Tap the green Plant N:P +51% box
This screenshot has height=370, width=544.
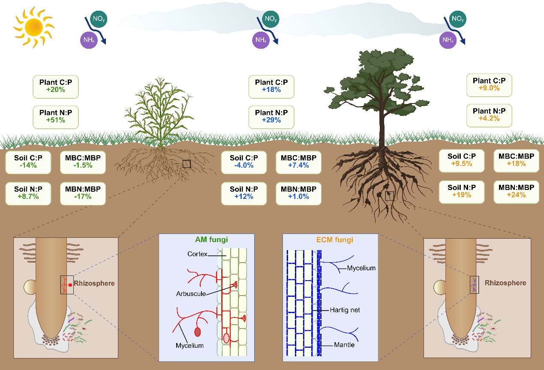pyautogui.click(x=56, y=116)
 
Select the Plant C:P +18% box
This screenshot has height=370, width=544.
pyautogui.click(x=271, y=86)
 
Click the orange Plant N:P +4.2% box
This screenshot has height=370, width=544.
pyautogui.click(x=489, y=115)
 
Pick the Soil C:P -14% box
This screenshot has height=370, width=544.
pyautogui.click(x=28, y=162)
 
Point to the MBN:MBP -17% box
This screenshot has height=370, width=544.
pyautogui.click(x=83, y=193)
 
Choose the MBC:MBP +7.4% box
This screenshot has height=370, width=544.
pyautogui.click(x=298, y=162)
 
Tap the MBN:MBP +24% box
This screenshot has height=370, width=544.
pyautogui.click(x=516, y=191)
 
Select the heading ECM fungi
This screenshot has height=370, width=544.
pyautogui.click(x=331, y=240)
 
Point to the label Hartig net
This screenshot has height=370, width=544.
pyautogui.click(x=345, y=310)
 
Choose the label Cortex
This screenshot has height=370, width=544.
pyautogui.click(x=197, y=254)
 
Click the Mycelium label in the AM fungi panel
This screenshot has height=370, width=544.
pyautogui.click(x=189, y=345)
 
